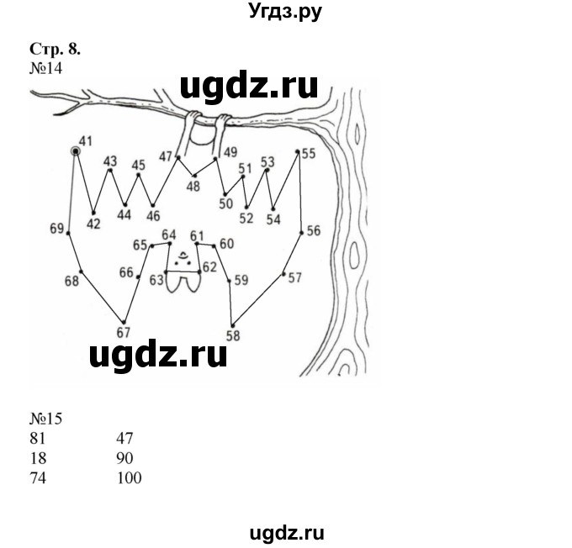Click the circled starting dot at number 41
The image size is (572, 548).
click(76, 152)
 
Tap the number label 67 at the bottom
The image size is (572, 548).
click(124, 333)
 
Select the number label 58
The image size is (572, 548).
click(233, 336)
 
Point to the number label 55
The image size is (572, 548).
click(308, 154)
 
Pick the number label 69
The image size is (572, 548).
click(57, 229)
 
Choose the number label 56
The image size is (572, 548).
click(313, 231)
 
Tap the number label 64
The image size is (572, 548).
click(169, 234)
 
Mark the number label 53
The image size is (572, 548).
click(267, 161)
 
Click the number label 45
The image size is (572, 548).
click(139, 166)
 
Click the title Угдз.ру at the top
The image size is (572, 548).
click(285, 11)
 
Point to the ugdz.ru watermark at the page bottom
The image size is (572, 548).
click(284, 533)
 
